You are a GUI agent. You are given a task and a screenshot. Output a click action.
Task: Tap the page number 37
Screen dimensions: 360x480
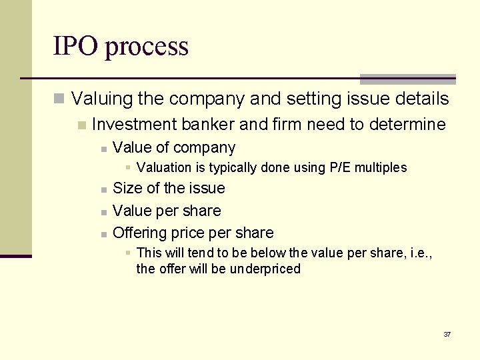pyautogui.click(x=447, y=334)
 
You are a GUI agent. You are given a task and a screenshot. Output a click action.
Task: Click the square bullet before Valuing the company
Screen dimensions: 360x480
pyautogui.click(x=59, y=100)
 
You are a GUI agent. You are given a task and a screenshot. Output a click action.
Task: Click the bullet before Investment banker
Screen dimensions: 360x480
pyautogui.click(x=81, y=125)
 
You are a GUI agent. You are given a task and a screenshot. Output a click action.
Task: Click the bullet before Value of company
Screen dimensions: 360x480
pyautogui.click(x=103, y=149)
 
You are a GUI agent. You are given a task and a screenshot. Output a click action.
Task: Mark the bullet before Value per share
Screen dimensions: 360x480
pyautogui.click(x=103, y=212)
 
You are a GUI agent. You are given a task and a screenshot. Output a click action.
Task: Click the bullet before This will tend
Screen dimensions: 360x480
pyautogui.click(x=129, y=253)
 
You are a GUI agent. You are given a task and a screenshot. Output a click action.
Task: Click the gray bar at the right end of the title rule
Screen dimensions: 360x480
pyautogui.click(x=407, y=79)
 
